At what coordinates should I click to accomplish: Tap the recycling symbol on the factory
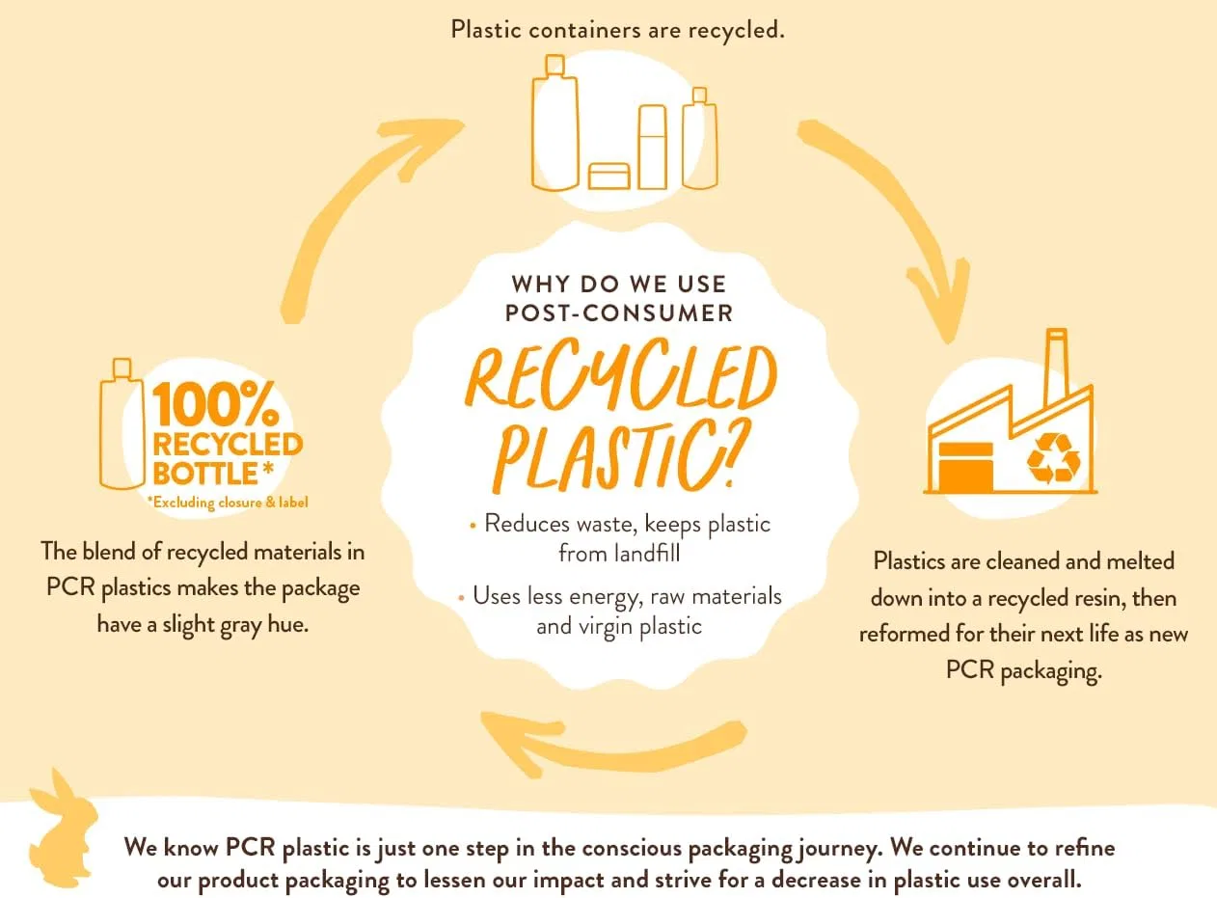(x=1053, y=458)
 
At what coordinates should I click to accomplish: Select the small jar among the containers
(x=609, y=177)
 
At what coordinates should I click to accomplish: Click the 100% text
(x=215, y=403)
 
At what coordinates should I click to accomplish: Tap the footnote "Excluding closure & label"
(x=228, y=503)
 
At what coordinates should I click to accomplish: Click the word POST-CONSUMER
(x=619, y=313)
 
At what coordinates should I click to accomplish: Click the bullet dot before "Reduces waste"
(x=473, y=526)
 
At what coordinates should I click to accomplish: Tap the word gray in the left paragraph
(x=241, y=626)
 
